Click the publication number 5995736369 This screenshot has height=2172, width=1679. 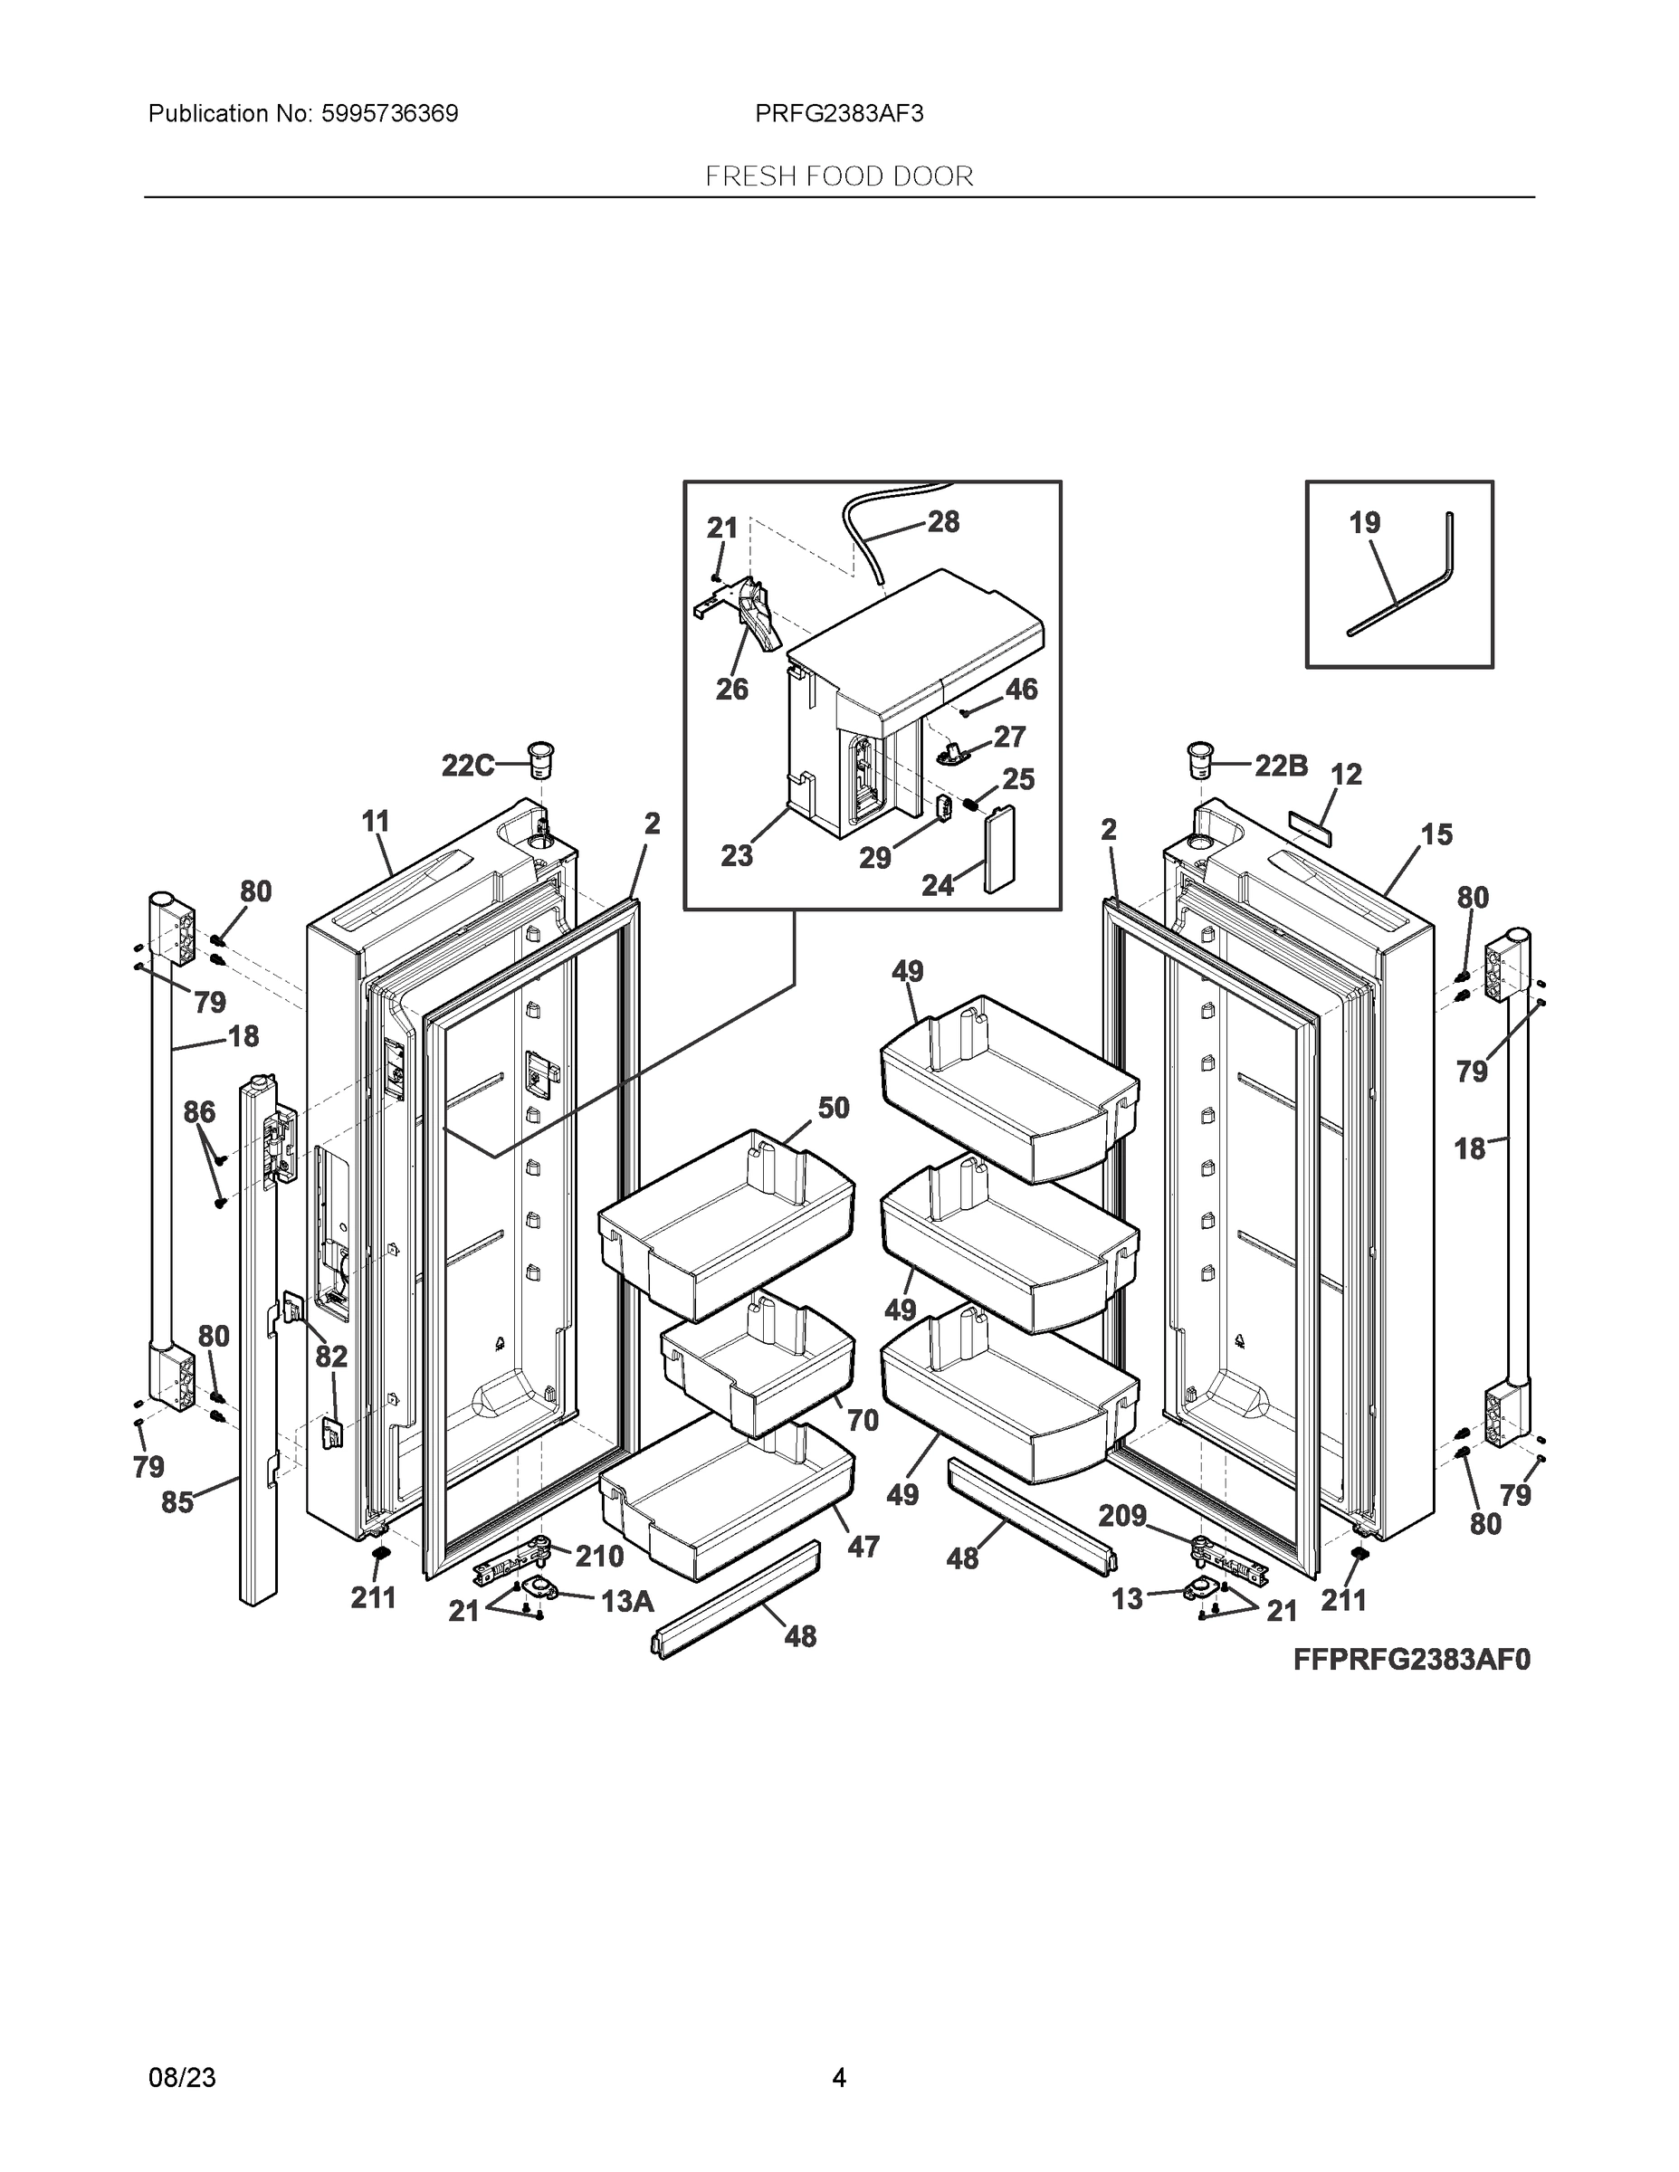pyautogui.click(x=389, y=114)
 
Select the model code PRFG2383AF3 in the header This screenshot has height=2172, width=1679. pyautogui.click(x=838, y=114)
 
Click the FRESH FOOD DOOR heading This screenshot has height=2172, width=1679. pyautogui.click(x=838, y=177)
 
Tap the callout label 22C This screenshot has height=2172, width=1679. pyautogui.click(x=467, y=766)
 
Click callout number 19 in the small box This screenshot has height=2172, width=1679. pyautogui.click(x=1365, y=523)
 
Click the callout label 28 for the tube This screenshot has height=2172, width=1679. pyautogui.click(x=943, y=522)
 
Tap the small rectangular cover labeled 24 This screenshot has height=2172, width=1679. pyautogui.click(x=997, y=853)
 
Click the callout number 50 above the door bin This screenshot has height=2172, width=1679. pyautogui.click(x=833, y=1108)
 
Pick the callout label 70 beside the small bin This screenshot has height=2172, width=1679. pyautogui.click(x=863, y=1420)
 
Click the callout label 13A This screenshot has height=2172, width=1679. pyautogui.click(x=626, y=1601)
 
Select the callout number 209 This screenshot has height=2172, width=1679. pyautogui.click(x=1122, y=1516)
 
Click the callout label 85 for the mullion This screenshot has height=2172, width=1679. pyautogui.click(x=177, y=1501)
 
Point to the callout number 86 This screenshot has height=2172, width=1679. pyautogui.click(x=199, y=1112)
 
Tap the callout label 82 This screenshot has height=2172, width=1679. pyautogui.click(x=331, y=1357)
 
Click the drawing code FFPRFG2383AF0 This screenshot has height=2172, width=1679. pyautogui.click(x=1411, y=1660)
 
